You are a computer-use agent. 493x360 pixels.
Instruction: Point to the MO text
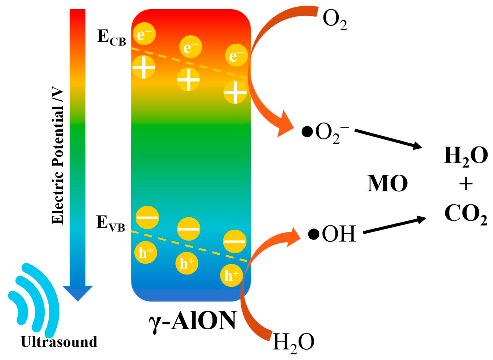[387, 183]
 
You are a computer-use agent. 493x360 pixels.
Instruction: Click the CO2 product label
[466, 214]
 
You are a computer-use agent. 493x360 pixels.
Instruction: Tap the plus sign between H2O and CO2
[466, 184]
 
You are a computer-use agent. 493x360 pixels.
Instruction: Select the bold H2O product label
[466, 156]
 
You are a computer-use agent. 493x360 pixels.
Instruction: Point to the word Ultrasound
[59, 342]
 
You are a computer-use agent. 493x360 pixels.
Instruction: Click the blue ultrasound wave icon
[34, 298]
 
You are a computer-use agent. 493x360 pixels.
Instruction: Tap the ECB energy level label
[112, 37]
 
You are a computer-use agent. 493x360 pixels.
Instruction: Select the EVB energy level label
[110, 223]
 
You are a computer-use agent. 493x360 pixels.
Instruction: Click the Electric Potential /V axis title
[58, 155]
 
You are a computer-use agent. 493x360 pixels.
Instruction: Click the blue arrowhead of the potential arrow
[78, 292]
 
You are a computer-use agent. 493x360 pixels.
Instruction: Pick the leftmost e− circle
[144, 34]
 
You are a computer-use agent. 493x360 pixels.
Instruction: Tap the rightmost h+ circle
[231, 275]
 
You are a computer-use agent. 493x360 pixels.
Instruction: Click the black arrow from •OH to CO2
[394, 226]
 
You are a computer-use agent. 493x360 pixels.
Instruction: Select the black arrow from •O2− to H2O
[388, 138]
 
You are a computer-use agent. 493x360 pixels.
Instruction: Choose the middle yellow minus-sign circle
[189, 228]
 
